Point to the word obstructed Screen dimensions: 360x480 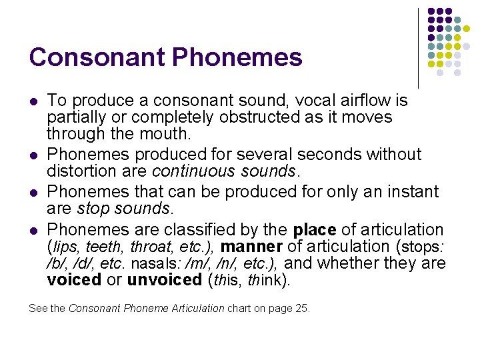[x=232, y=117]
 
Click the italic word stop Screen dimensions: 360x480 [x=93, y=209]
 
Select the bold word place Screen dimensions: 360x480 [x=315, y=230]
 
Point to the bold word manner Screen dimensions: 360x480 [x=253, y=247]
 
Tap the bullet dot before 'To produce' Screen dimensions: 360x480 [x=33, y=101]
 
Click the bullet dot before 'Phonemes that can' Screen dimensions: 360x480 [x=33, y=193]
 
